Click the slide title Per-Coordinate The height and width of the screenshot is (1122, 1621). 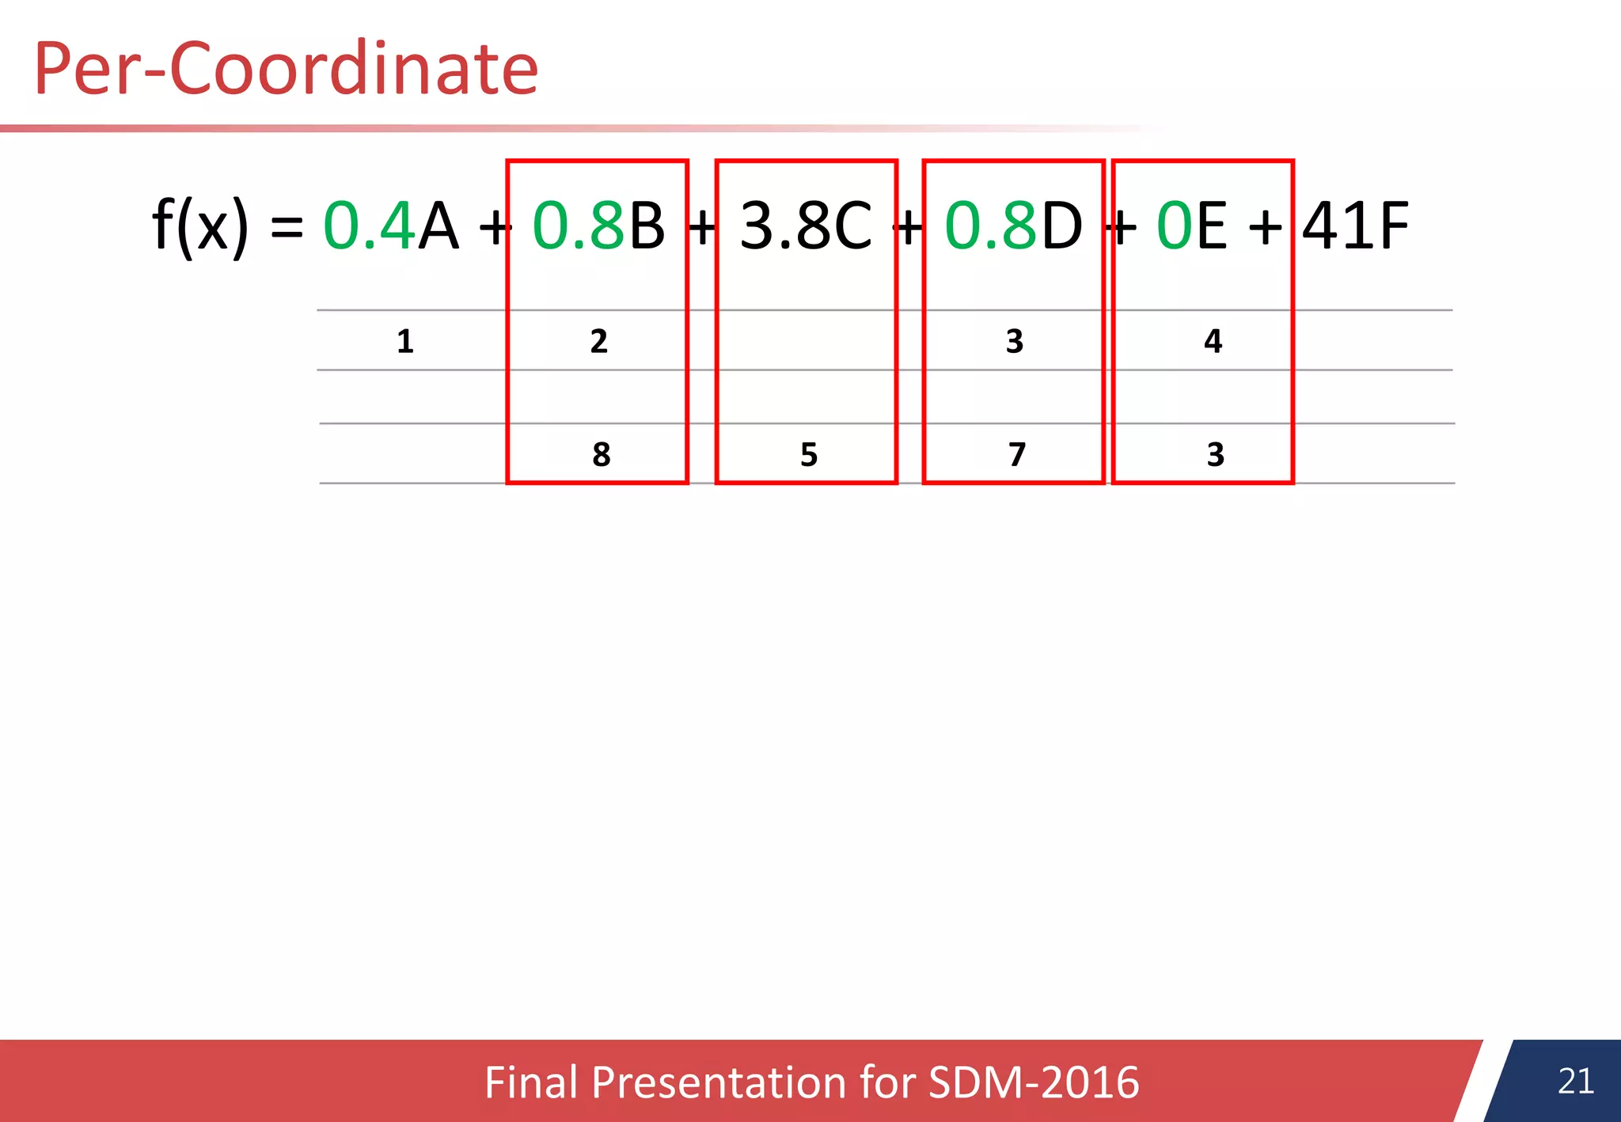click(x=286, y=70)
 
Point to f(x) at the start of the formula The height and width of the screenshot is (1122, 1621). click(x=199, y=226)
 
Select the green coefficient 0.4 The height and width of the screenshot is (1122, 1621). click(x=369, y=226)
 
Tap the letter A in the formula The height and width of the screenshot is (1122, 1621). click(x=438, y=226)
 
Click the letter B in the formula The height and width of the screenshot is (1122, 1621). click(x=647, y=226)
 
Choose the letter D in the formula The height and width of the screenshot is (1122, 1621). click(x=1061, y=226)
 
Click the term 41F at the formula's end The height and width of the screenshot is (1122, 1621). click(x=1355, y=226)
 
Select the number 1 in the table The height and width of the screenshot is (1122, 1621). click(x=405, y=342)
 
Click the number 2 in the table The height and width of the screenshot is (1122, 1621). click(x=599, y=342)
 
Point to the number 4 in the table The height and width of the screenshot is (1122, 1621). click(x=1213, y=342)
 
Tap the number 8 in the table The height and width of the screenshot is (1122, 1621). click(x=602, y=455)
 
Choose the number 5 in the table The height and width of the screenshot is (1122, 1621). click(x=809, y=455)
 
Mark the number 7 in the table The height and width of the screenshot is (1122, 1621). click(x=1017, y=455)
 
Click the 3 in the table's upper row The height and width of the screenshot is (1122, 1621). click(x=1015, y=342)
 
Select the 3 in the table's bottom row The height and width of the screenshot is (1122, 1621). click(x=1216, y=455)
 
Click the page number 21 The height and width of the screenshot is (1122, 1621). click(x=1575, y=1082)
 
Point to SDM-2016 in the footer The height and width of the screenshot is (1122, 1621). click(x=1033, y=1082)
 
